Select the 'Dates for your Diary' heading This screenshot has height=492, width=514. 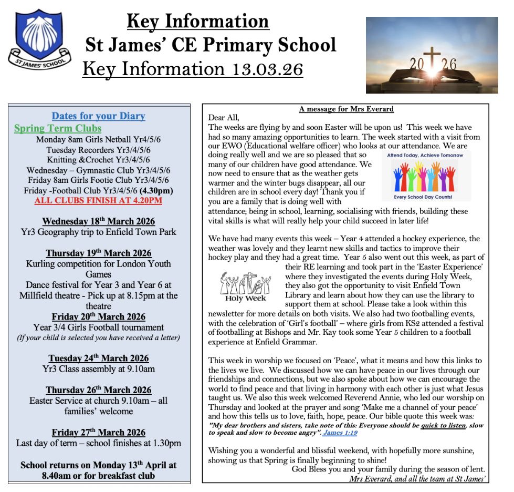coord(98,116)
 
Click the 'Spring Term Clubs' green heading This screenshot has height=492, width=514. coord(58,128)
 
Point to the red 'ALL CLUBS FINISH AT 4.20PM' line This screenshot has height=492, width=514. coord(98,201)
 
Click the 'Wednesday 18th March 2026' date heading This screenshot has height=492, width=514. coord(98,221)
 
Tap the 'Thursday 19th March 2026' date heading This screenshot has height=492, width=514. coord(98,253)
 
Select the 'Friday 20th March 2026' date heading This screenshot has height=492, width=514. coord(98,317)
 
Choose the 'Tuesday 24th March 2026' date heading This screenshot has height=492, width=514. coord(98,358)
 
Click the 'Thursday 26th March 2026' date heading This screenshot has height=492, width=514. coord(98,390)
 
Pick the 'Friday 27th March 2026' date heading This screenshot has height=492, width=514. coord(98,433)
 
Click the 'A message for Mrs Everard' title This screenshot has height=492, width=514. coord(346,109)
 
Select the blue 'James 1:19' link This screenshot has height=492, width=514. coord(340,433)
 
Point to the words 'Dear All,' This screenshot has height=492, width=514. coord(224,118)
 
